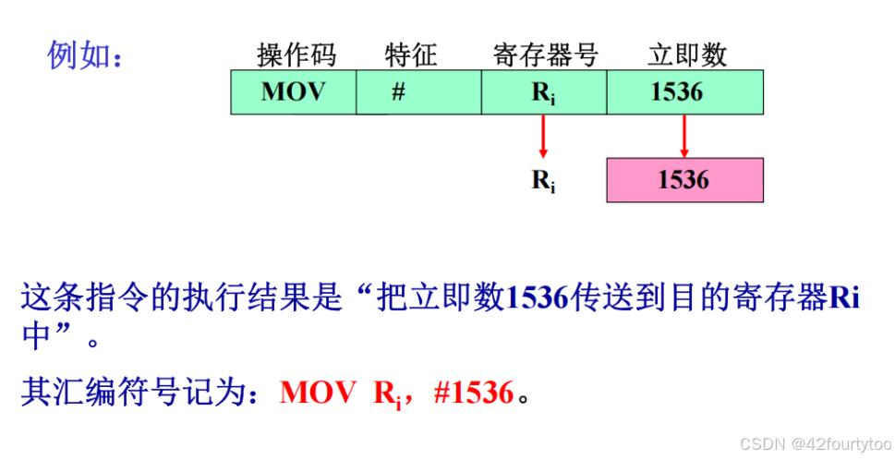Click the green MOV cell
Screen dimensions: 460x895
(293, 92)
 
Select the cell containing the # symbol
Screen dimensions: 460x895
(398, 92)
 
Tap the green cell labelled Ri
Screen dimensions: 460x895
(543, 92)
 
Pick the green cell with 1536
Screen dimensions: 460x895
(683, 92)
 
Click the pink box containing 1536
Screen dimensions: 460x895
(684, 180)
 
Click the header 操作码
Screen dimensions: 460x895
(296, 55)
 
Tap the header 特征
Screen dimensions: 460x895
(410, 55)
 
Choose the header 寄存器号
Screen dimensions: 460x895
(546, 55)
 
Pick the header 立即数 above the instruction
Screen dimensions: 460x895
(687, 55)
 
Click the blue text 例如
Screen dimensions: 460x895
(82, 55)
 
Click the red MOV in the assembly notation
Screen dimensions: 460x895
(317, 393)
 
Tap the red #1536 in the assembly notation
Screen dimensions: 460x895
(472, 393)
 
